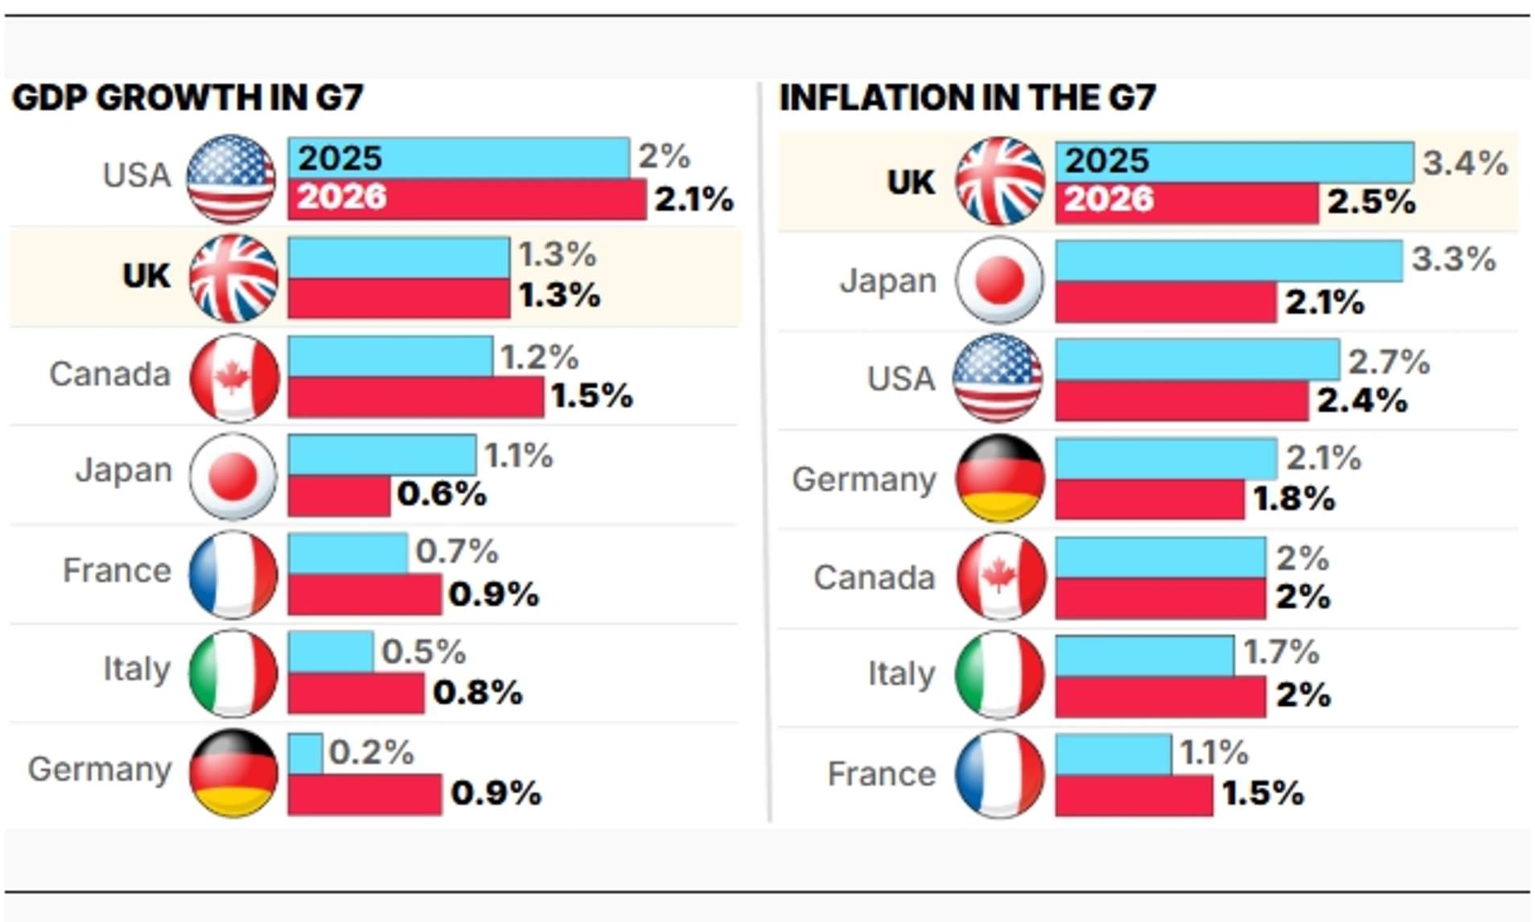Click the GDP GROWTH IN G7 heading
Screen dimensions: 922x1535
(187, 98)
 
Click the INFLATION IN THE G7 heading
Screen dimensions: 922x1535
(967, 98)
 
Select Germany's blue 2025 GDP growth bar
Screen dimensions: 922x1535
(305, 754)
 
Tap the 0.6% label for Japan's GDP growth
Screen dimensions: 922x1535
(442, 494)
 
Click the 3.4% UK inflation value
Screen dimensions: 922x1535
(1464, 163)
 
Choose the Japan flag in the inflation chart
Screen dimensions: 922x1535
(999, 281)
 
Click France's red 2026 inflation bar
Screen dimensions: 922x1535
(1133, 795)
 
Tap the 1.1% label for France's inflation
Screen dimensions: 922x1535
(1213, 753)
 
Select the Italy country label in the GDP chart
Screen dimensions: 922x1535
(136, 669)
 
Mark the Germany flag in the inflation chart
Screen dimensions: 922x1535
(999, 479)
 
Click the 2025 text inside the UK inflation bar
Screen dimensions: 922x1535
(1106, 162)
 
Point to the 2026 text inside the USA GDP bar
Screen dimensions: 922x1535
(342, 197)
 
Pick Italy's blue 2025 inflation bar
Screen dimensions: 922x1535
(1144, 656)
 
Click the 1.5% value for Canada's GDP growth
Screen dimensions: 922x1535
(591, 396)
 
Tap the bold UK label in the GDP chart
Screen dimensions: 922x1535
(146, 276)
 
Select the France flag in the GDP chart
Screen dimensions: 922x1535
(233, 574)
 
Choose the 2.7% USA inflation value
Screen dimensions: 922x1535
(1389, 362)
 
